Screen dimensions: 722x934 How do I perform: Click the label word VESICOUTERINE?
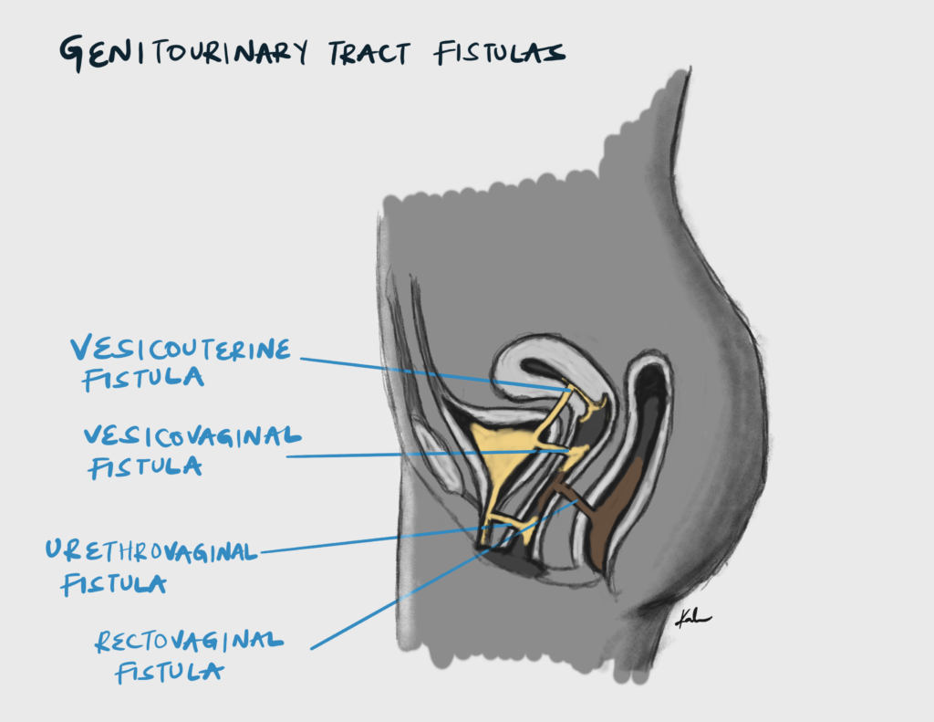182,349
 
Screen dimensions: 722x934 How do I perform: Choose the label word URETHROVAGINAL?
152,550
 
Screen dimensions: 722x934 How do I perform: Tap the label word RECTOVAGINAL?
189,641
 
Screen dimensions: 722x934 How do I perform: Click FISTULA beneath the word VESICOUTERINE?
142,378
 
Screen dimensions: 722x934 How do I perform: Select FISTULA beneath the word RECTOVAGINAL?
170,674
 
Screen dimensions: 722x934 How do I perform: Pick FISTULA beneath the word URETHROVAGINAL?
113,582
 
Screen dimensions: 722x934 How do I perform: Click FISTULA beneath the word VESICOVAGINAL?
144,466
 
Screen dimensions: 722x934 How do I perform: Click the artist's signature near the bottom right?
692,619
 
